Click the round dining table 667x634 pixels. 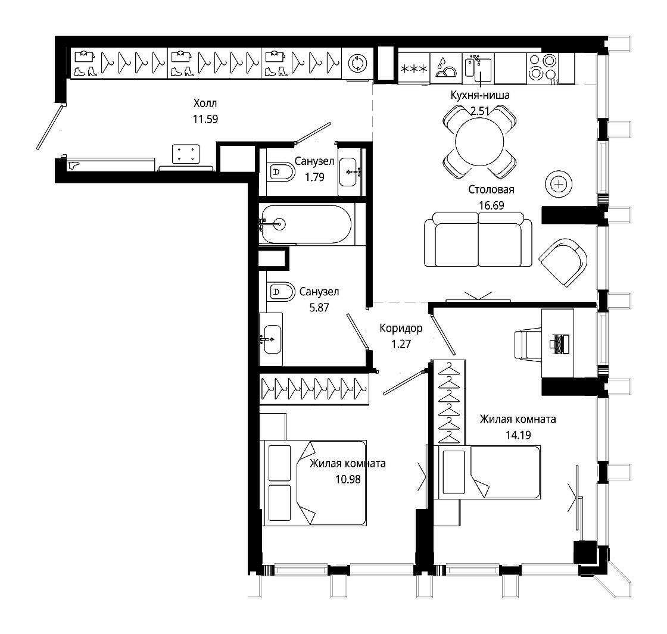479,142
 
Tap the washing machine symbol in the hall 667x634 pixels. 357,64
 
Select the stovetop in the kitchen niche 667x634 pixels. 543,67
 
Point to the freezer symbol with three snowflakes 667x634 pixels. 414,68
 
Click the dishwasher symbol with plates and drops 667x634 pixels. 446,68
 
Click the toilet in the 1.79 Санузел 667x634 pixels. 281,172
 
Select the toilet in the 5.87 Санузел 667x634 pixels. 281,292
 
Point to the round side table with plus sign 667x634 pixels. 559,184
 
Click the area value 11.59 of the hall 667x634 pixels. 205,119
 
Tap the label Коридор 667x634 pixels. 401,328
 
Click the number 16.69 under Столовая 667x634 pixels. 491,205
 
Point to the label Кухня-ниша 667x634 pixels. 480,95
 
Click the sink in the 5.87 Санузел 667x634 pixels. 272,339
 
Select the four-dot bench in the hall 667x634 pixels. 186,154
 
